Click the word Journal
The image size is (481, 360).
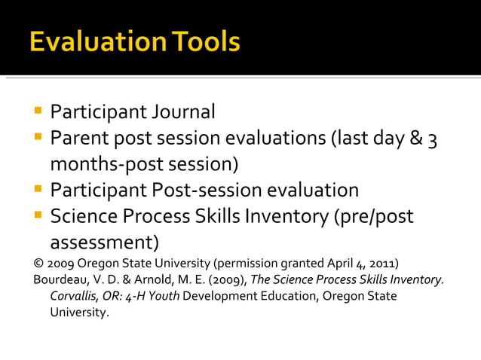coord(183,112)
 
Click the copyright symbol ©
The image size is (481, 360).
coord(38,264)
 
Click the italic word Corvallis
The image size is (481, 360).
coord(75,295)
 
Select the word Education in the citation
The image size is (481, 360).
coord(278,295)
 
